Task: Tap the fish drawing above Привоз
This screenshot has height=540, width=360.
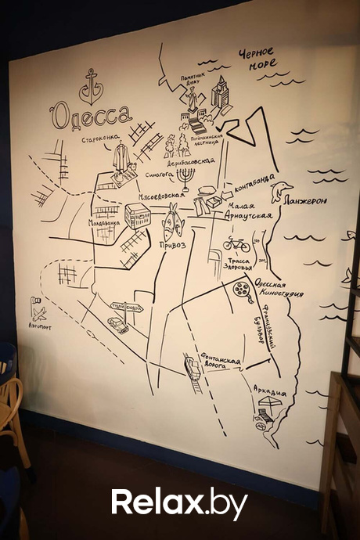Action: point(171,221)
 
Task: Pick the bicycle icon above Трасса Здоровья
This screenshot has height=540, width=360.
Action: point(236,244)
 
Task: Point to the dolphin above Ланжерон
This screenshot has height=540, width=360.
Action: point(281,189)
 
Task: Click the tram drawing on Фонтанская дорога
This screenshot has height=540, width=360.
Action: point(191,365)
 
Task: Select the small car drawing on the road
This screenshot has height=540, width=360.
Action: point(118,324)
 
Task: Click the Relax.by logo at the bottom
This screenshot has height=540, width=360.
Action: point(179,503)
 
